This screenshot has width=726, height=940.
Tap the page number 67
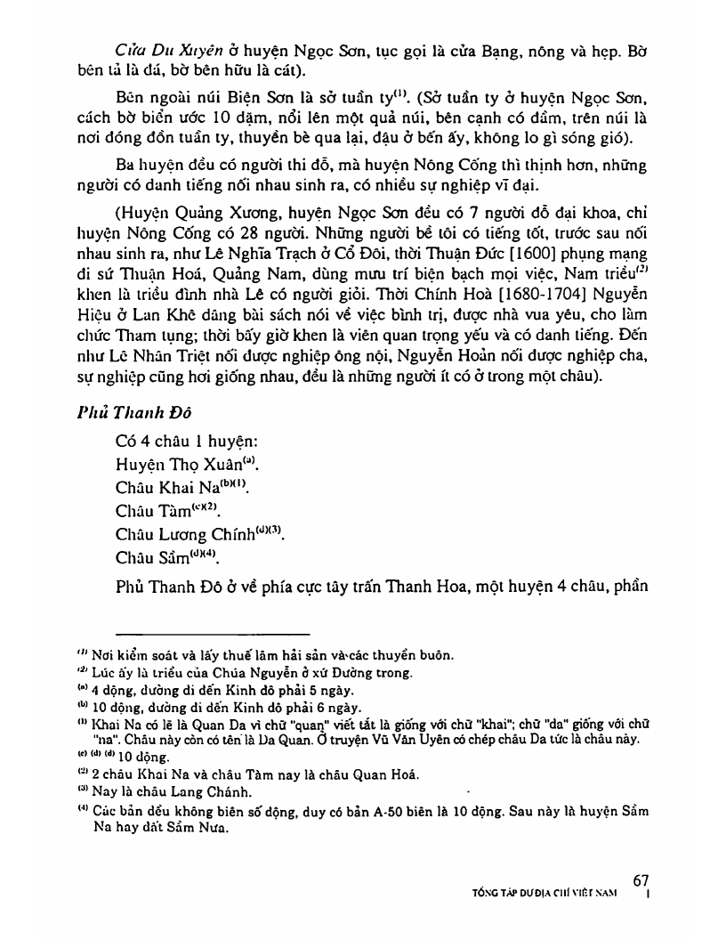(641, 880)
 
